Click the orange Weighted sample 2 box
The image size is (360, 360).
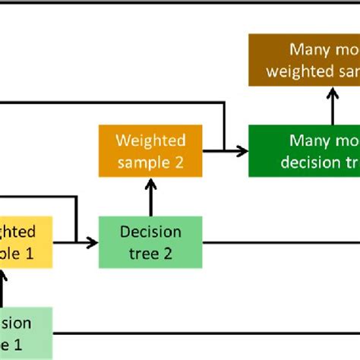pyautogui.click(x=150, y=152)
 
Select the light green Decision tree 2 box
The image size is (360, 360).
pyautogui.click(x=150, y=242)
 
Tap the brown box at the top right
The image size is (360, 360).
pyautogui.click(x=304, y=61)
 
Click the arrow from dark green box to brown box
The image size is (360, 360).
pyautogui.click(x=333, y=106)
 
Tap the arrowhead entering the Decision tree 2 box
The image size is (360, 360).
pyautogui.click(x=93, y=242)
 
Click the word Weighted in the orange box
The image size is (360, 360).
pyautogui.click(x=150, y=141)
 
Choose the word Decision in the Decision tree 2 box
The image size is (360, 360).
pyautogui.click(x=150, y=232)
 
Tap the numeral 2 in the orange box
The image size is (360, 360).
pyautogui.click(x=179, y=163)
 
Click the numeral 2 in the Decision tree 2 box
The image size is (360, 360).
pyautogui.click(x=170, y=253)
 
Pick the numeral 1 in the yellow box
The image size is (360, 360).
pyautogui.click(x=30, y=253)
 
